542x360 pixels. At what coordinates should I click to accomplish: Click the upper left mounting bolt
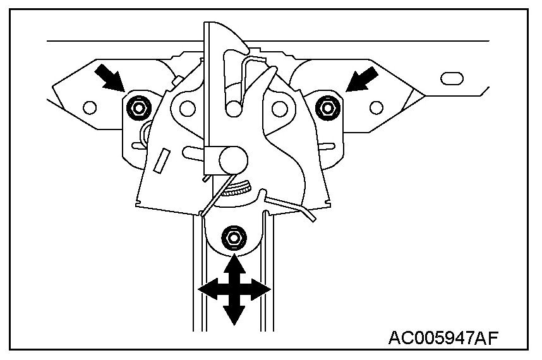pyautogui.click(x=136, y=107)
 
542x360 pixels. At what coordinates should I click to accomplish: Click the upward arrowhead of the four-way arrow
pyautogui.click(x=234, y=264)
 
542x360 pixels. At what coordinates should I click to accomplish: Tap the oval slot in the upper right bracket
pyautogui.click(x=452, y=79)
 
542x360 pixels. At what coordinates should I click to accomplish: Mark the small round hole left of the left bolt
pyautogui.click(x=89, y=106)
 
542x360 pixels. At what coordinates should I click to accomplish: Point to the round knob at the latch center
pyautogui.click(x=231, y=156)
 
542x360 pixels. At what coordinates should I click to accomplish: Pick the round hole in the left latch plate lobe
pyautogui.click(x=186, y=108)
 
